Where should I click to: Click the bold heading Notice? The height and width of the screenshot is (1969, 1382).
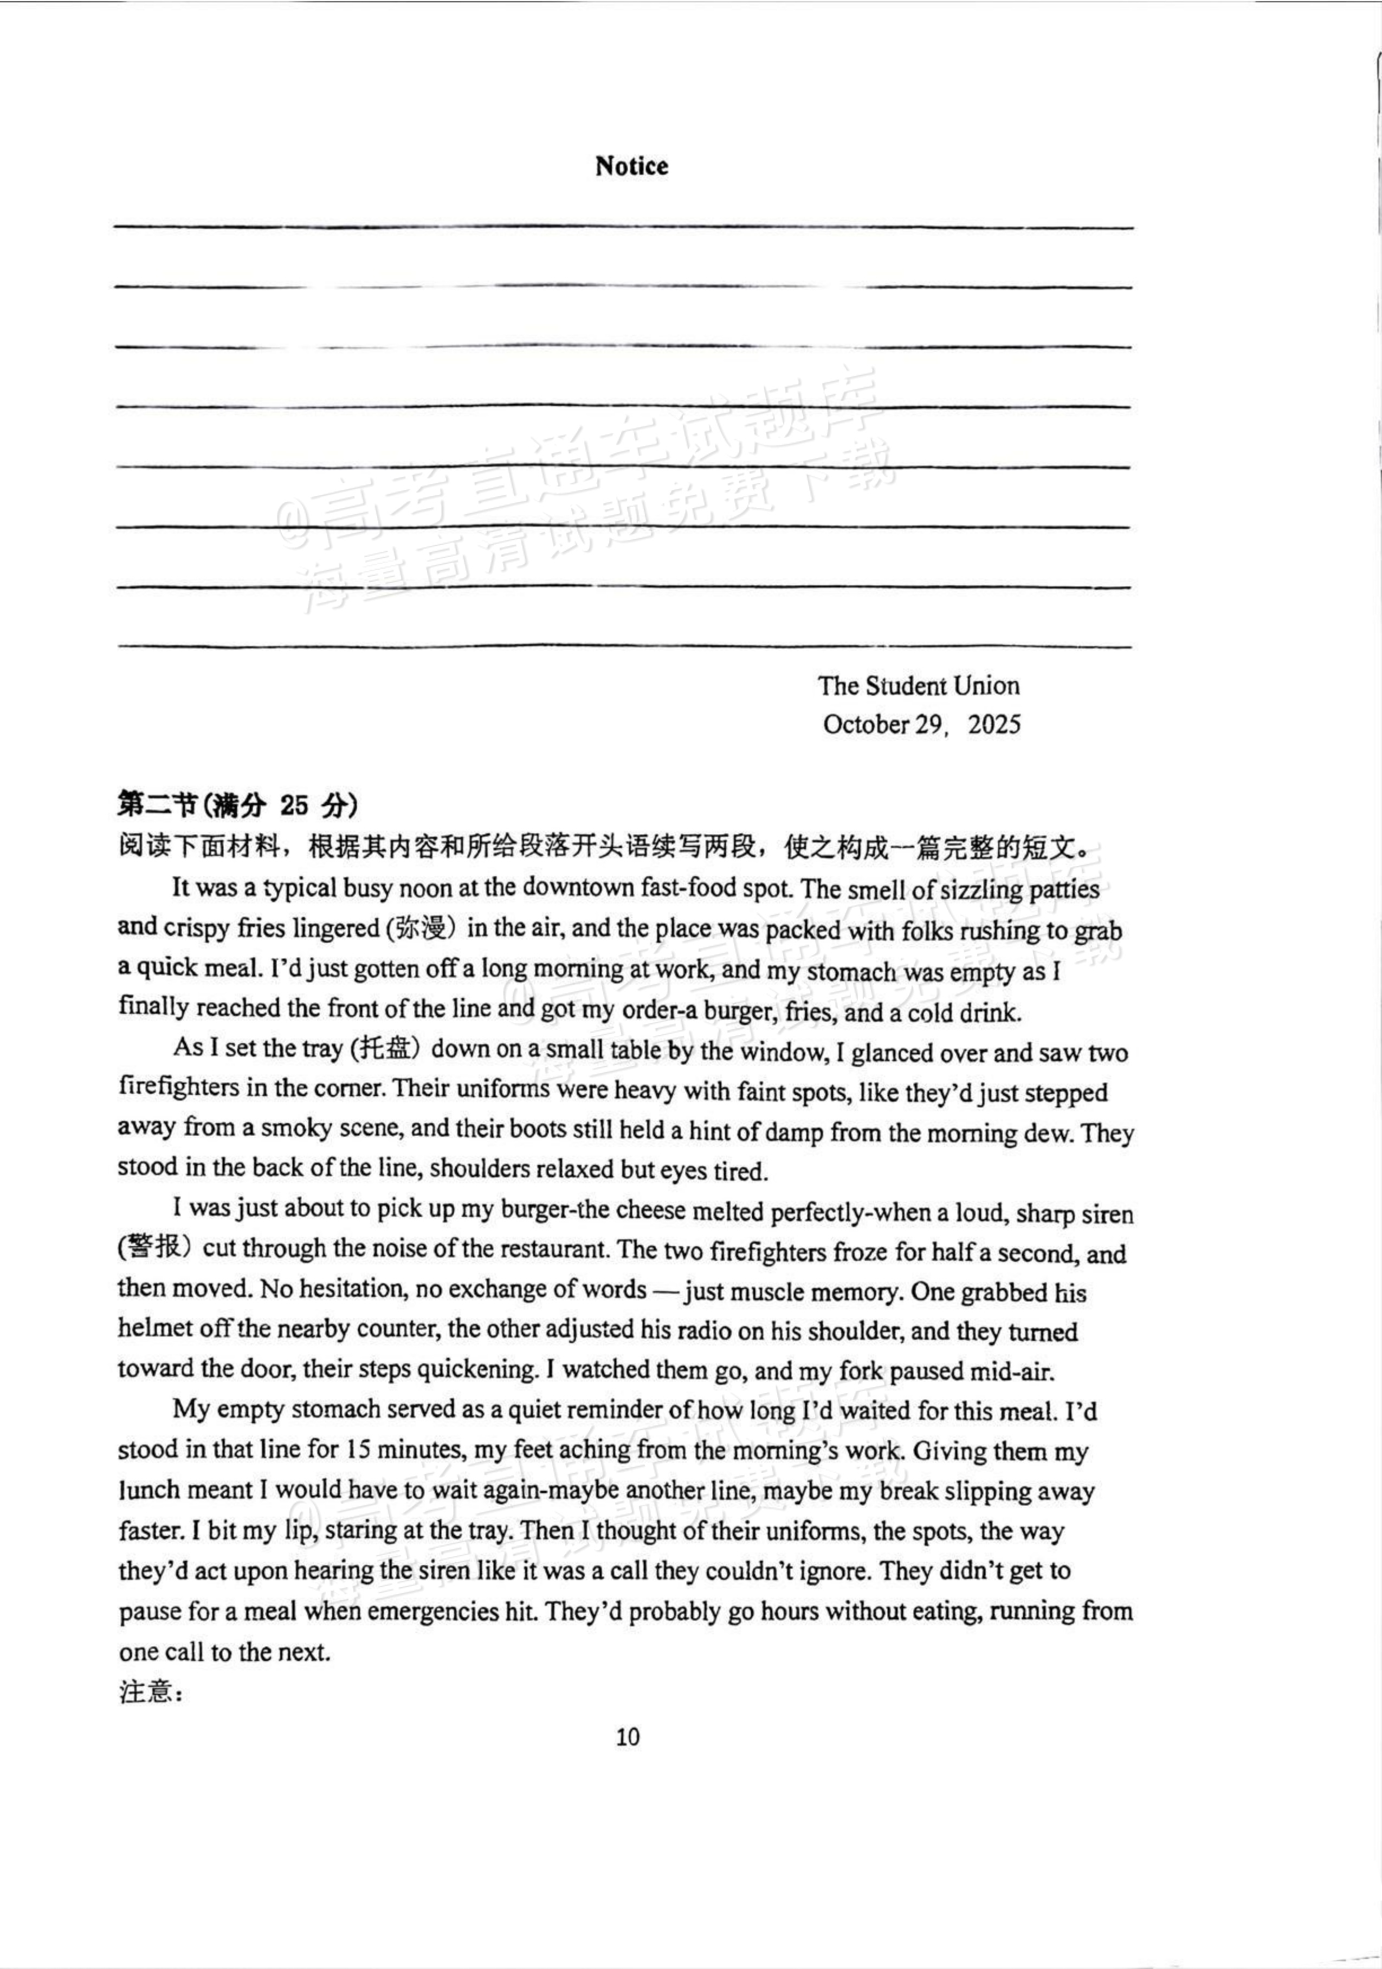pos(631,166)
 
